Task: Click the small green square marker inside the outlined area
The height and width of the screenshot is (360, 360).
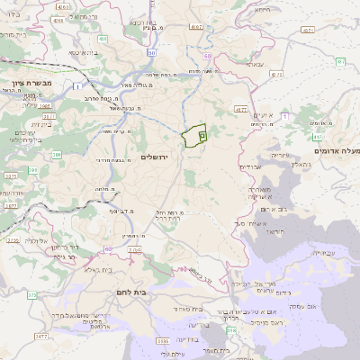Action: pyautogui.click(x=202, y=135)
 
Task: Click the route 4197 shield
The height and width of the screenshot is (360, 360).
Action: pyautogui.click(x=241, y=110)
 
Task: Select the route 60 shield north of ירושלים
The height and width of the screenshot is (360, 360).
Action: pyautogui.click(x=205, y=56)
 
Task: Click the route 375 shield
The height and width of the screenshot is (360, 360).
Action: pyautogui.click(x=32, y=293)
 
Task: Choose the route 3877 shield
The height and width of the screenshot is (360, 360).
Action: pyautogui.click(x=10, y=204)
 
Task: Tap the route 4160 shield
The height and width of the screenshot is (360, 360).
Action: pyautogui.click(x=196, y=28)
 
